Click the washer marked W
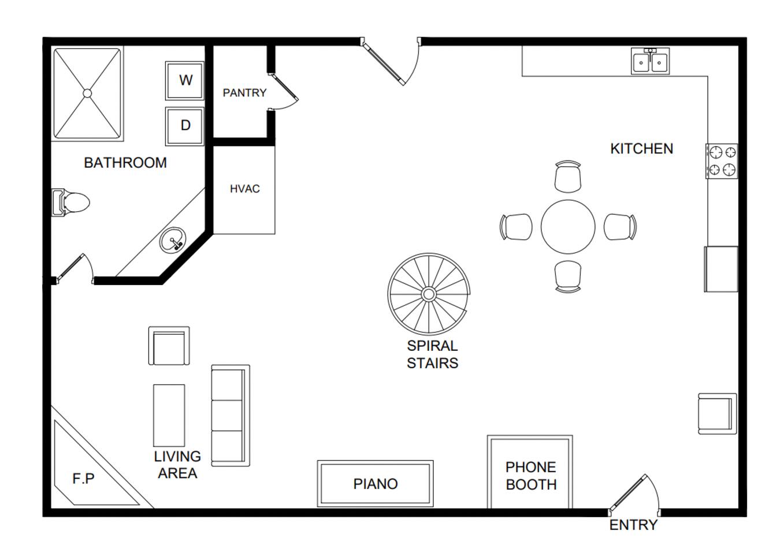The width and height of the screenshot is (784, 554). click(x=185, y=81)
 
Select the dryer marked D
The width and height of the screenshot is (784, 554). click(x=185, y=126)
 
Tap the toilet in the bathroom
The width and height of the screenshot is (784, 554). click(x=70, y=203)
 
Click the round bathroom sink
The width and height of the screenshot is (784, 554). click(x=173, y=239)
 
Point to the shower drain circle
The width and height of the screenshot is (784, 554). click(x=87, y=93)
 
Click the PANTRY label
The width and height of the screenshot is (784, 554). click(x=244, y=93)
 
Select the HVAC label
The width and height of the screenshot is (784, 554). click(x=244, y=189)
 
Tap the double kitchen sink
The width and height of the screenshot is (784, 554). click(x=651, y=62)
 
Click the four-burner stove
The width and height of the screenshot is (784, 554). click(x=722, y=161)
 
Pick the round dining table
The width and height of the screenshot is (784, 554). click(x=568, y=227)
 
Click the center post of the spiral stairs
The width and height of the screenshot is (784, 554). click(x=429, y=294)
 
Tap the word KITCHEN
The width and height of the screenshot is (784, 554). click(x=641, y=149)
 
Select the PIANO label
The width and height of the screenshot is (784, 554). click(x=375, y=484)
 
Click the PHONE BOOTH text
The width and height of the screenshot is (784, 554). click(x=531, y=476)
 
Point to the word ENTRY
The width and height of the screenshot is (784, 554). click(x=633, y=525)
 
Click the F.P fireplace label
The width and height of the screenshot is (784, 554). click(x=83, y=479)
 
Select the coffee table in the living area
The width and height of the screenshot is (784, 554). click(x=169, y=415)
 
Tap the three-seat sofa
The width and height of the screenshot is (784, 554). click(x=231, y=415)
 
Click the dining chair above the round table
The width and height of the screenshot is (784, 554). click(x=568, y=177)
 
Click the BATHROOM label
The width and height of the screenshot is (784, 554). click(x=125, y=163)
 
